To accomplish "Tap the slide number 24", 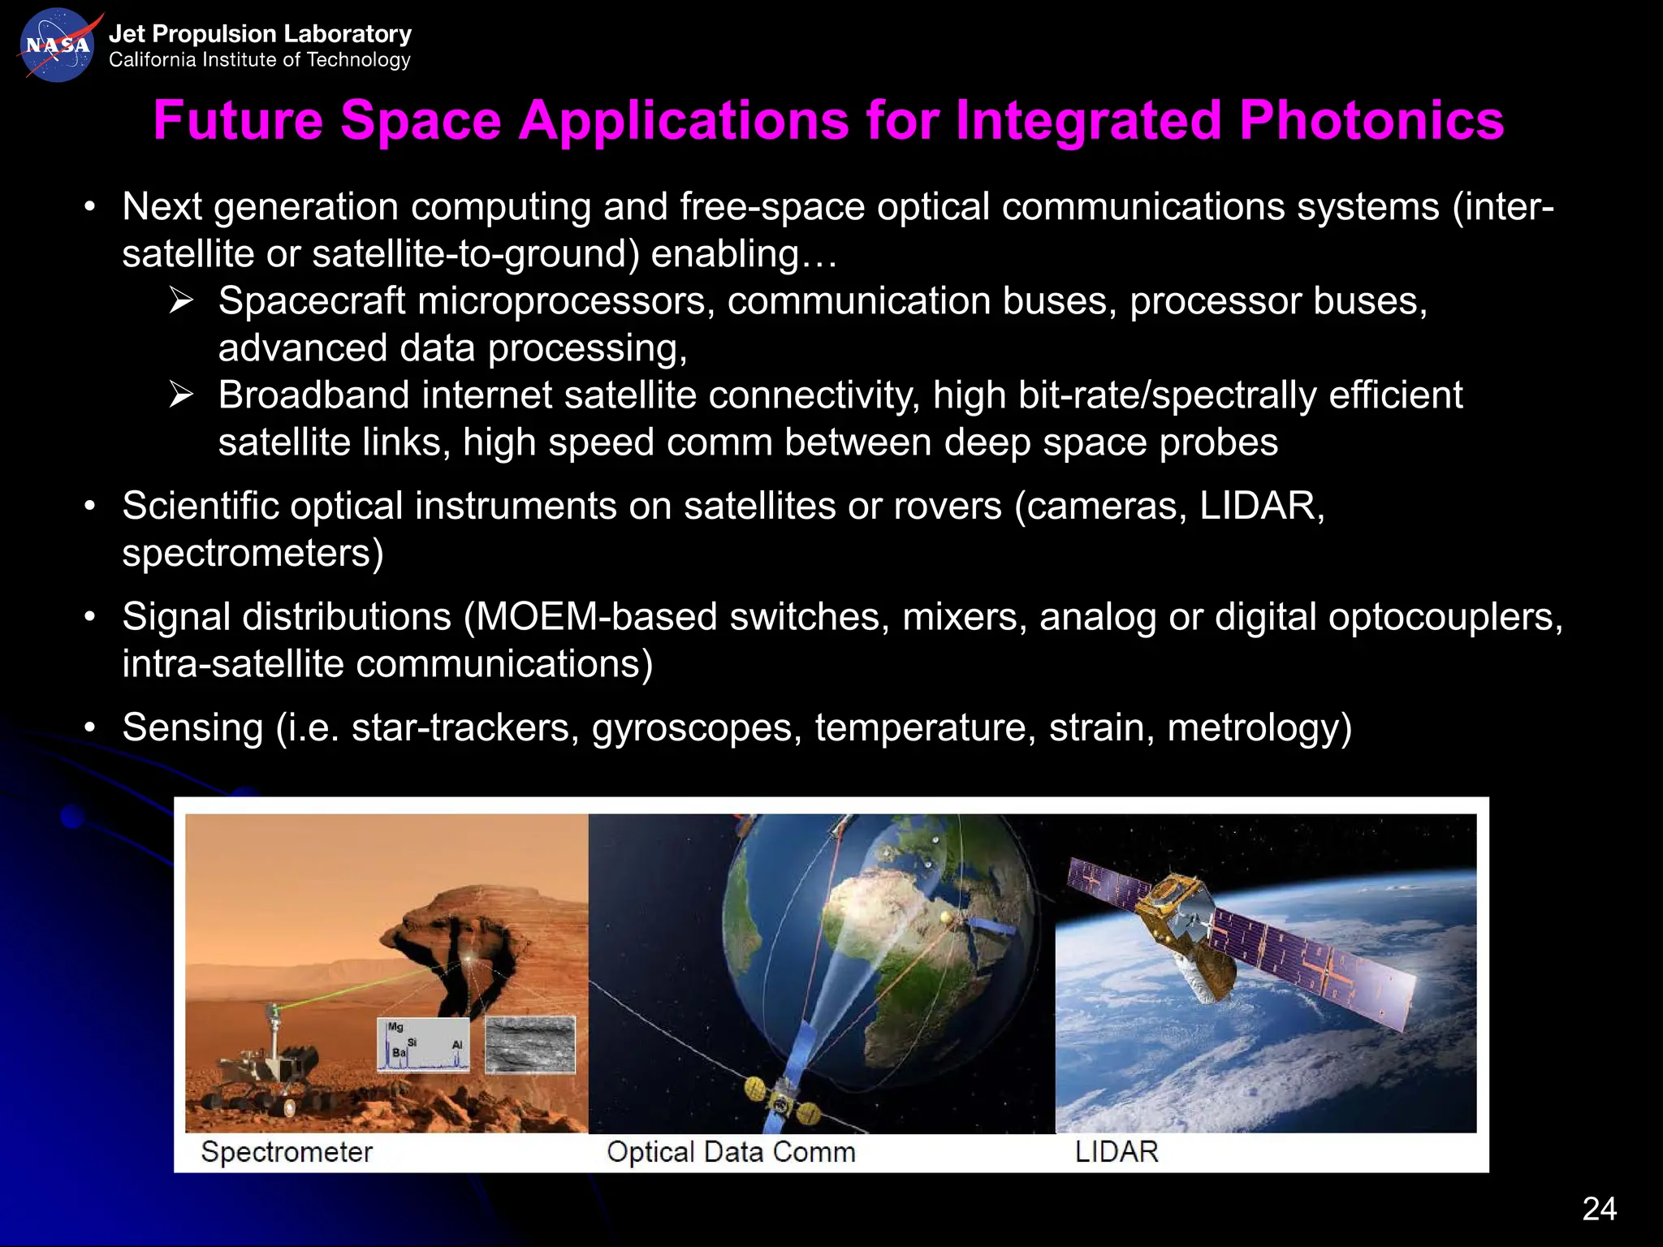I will point(1599,1209).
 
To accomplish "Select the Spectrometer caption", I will point(286,1151).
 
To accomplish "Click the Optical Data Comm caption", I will point(731,1151).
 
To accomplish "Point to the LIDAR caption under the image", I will point(1117,1151).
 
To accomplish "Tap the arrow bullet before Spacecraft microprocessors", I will point(181,301).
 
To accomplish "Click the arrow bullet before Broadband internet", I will point(181,395).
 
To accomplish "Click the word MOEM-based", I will point(596,617).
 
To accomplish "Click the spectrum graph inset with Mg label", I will point(423,1044).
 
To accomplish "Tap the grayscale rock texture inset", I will point(529,1044).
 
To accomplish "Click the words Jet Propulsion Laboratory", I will point(260,34).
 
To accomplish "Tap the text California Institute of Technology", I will point(260,60).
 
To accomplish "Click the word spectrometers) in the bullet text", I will point(253,554).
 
